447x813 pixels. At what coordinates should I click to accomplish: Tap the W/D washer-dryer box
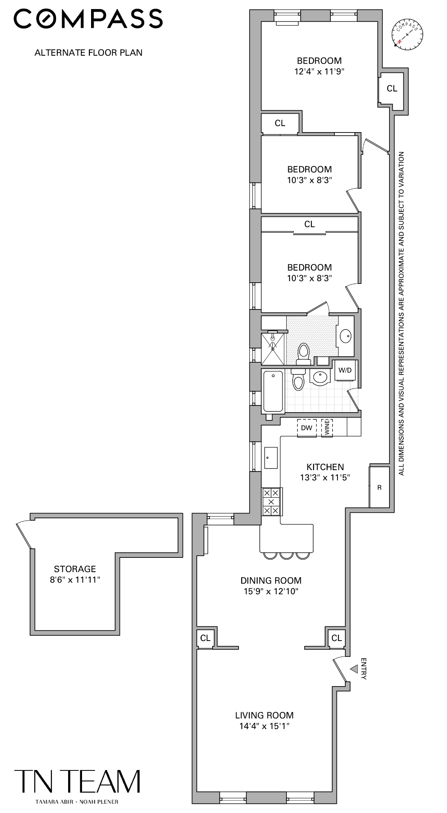[345, 370]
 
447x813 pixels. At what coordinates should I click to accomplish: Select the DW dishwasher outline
[307, 428]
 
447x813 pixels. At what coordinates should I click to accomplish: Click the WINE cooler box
[327, 428]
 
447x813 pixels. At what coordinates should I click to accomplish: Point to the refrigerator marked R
[379, 487]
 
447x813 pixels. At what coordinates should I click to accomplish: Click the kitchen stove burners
[271, 502]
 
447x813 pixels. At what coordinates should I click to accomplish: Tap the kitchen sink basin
[271, 458]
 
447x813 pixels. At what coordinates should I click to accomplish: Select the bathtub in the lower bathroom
[273, 391]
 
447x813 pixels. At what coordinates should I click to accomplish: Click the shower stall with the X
[273, 349]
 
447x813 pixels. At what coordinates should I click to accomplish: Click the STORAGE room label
[75, 569]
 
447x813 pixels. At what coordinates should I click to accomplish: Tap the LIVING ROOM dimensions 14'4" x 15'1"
[264, 726]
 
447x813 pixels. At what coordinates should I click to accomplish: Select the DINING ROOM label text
[271, 580]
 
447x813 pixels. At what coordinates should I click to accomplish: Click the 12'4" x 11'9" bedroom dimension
[319, 72]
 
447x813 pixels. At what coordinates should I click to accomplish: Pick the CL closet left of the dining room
[205, 638]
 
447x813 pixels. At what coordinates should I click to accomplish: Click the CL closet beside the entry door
[336, 638]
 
